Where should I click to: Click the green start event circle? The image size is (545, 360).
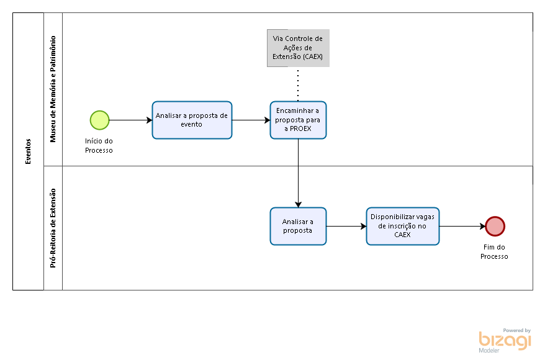[x=100, y=120]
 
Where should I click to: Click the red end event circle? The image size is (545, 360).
[x=495, y=226]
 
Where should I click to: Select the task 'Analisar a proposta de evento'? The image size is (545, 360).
[x=192, y=120]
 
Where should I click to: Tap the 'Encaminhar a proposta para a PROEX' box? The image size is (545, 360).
[x=298, y=120]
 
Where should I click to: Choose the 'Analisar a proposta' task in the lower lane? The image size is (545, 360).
[x=298, y=226]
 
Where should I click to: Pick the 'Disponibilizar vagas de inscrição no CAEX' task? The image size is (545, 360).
[x=403, y=226]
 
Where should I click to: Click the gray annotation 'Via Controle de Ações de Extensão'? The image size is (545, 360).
[x=298, y=48]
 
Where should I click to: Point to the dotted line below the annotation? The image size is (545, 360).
[x=298, y=85]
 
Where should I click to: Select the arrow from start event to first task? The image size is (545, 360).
[x=131, y=120]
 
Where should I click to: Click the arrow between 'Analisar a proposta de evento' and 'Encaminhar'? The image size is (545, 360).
[x=251, y=120]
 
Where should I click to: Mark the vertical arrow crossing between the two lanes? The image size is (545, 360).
[x=298, y=173]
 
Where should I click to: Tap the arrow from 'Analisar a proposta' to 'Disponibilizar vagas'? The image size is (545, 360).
[x=346, y=226]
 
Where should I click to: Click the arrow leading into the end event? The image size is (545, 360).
[x=462, y=226]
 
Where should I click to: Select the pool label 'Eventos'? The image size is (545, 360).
[x=28, y=151]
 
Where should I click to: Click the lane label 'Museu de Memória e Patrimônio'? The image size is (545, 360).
[x=53, y=89]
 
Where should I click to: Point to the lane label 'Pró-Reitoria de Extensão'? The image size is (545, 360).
[x=53, y=228]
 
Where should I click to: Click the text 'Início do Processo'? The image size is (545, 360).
[x=99, y=146]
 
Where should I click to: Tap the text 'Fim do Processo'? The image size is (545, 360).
[x=494, y=251]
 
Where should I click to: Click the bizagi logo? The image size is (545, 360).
[x=505, y=340]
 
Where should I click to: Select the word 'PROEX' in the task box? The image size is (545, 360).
[x=300, y=128]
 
